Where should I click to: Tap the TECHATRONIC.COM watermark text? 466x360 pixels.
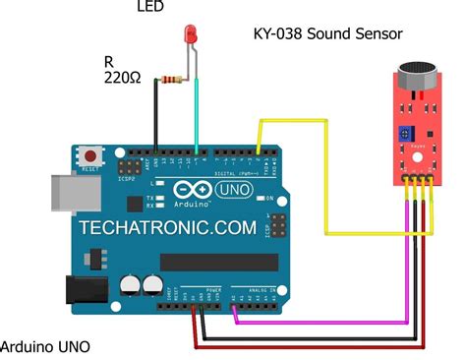pyautogui.click(x=168, y=226)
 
